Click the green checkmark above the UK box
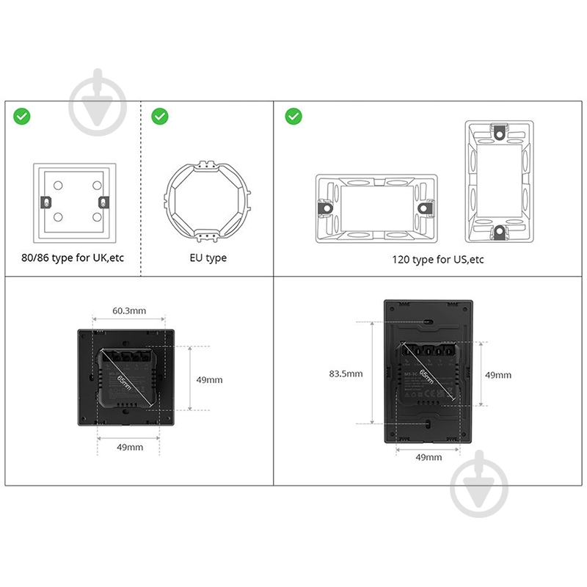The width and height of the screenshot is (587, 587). point(22,116)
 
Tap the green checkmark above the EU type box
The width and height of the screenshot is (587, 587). point(159,116)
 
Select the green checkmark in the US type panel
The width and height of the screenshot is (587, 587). point(293,116)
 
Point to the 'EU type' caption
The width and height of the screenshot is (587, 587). point(208,258)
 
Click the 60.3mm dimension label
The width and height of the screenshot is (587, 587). point(129,310)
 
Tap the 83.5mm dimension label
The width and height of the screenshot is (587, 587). point(346,373)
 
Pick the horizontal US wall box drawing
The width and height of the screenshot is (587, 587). point(376,208)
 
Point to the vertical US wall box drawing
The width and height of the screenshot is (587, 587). point(500,182)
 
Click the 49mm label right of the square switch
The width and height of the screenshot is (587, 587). point(208,379)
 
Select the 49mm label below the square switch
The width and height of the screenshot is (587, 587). point(129,447)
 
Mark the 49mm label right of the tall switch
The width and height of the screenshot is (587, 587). point(498,375)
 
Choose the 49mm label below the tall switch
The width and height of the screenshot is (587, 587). point(429,456)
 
